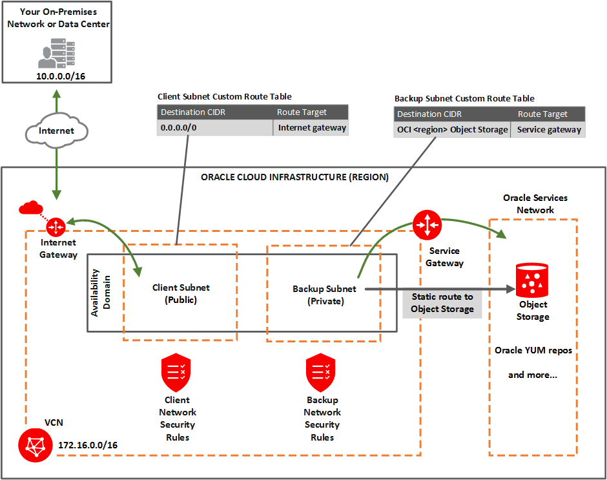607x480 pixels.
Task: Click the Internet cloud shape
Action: point(56,131)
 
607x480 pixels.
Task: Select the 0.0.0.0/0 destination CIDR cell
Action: point(215,128)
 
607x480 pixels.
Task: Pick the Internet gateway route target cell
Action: point(312,128)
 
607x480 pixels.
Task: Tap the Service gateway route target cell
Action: point(549,130)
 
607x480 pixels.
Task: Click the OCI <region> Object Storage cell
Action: point(453,130)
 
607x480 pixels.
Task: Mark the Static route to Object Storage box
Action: point(442,303)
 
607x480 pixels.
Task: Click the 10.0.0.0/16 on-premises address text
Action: point(56,76)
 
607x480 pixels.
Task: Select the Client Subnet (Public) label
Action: point(181,293)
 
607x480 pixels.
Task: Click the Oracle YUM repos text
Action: point(533,350)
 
